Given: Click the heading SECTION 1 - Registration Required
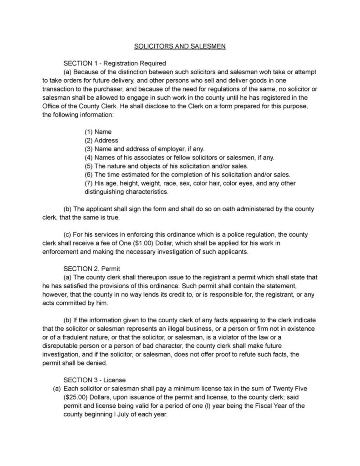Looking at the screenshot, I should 114,63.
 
